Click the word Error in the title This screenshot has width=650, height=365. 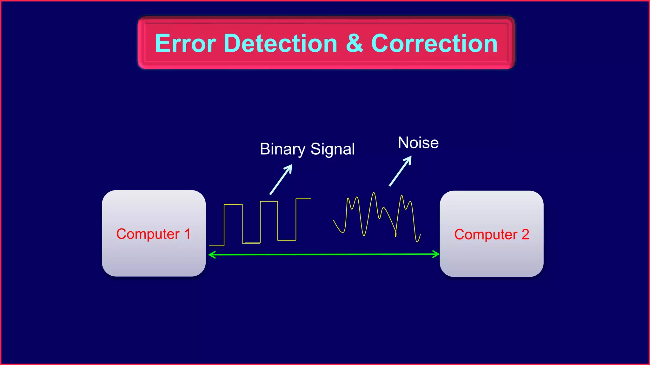(x=185, y=43)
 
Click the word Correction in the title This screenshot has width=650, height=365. (x=434, y=43)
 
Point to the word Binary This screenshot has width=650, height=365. (x=282, y=149)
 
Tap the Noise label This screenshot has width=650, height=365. (x=418, y=143)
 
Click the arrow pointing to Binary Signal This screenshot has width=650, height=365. (x=281, y=179)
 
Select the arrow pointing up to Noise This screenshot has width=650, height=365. (x=400, y=171)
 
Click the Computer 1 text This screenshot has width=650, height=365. (x=153, y=234)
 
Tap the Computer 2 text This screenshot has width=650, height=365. (x=491, y=235)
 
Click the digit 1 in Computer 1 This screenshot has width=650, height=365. (x=187, y=234)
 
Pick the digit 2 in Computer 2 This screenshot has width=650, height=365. (x=525, y=234)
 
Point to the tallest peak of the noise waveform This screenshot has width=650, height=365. (x=374, y=193)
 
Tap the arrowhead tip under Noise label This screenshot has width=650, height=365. (x=411, y=157)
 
